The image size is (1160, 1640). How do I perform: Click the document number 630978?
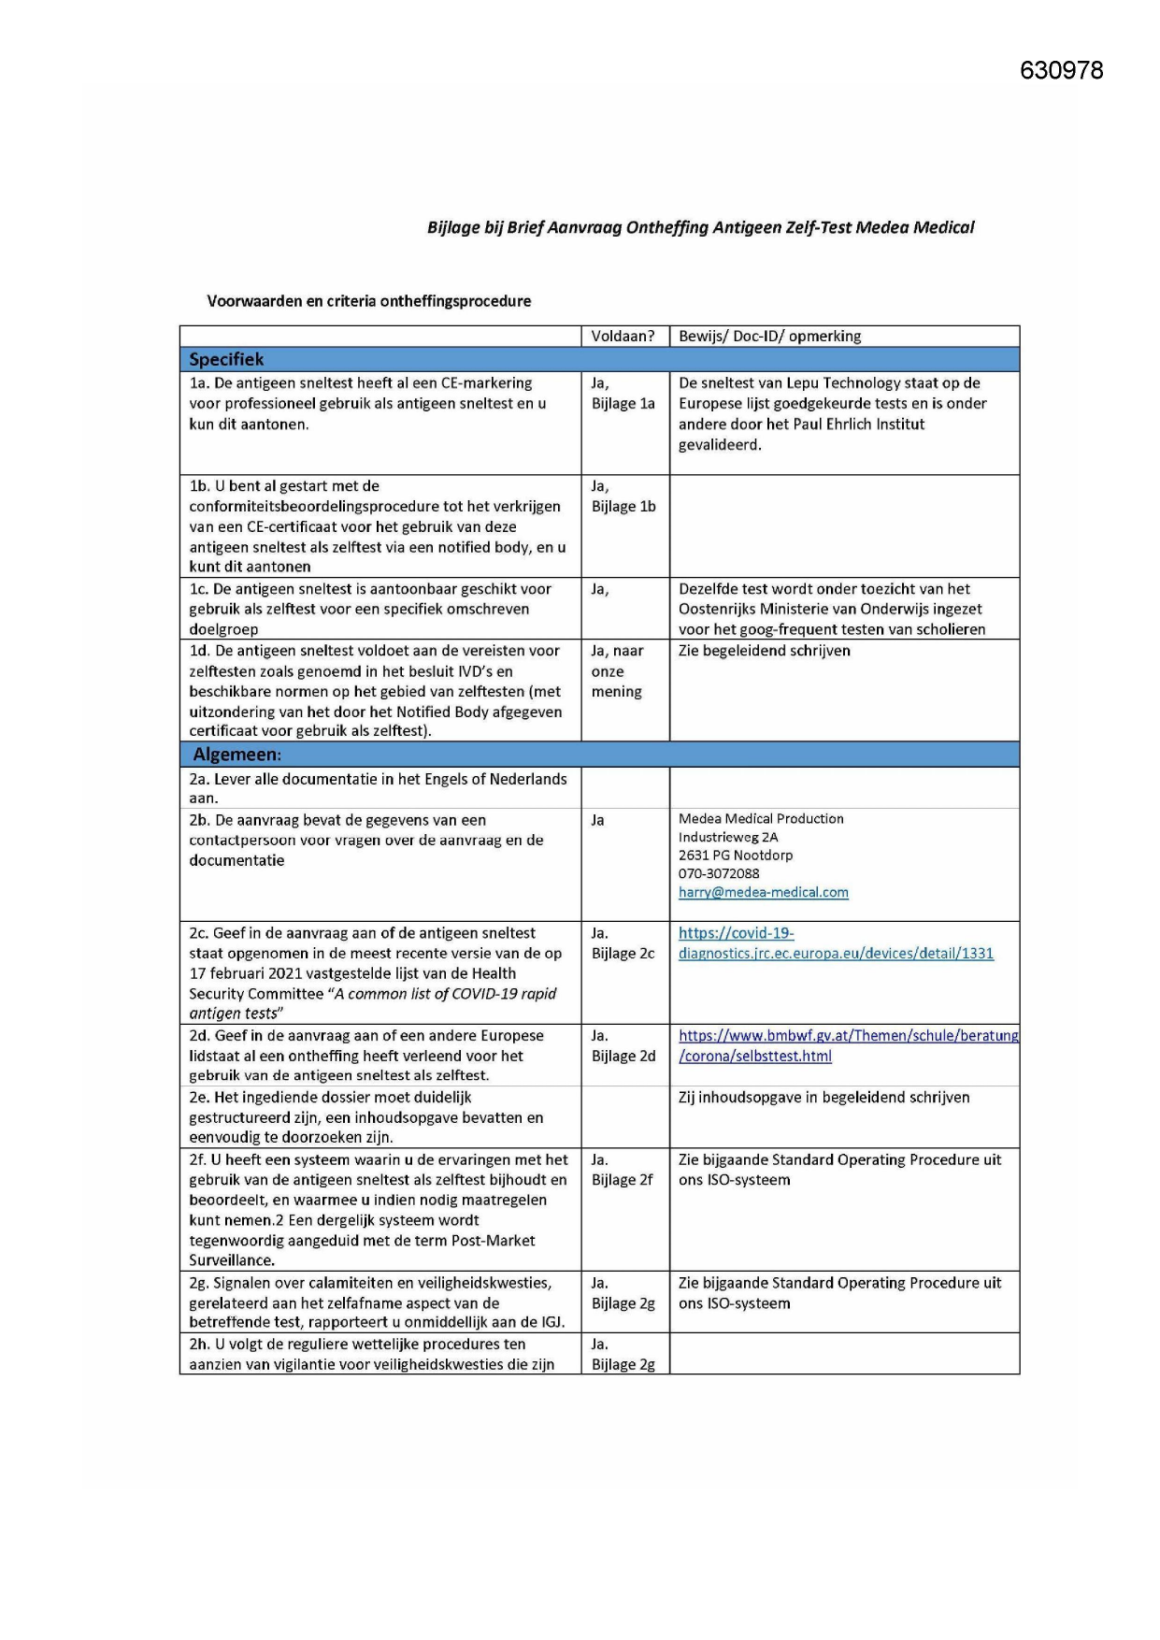(1061, 71)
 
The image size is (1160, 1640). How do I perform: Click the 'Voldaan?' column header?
(623, 337)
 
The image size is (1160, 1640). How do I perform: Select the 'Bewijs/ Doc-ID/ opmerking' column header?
(769, 337)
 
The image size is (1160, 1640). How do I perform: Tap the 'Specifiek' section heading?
(226, 360)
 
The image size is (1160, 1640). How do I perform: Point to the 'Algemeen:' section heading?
(236, 755)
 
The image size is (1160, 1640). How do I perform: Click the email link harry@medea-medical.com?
(763, 893)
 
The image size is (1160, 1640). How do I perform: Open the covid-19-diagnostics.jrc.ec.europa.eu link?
(835, 954)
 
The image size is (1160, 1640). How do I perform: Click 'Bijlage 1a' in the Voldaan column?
(623, 404)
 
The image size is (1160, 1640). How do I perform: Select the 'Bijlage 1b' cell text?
(623, 507)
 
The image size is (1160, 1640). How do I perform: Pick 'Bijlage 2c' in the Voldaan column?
(623, 954)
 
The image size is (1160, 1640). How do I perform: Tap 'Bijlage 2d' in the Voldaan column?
(623, 1057)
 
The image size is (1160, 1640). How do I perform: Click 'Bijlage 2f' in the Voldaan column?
(622, 1180)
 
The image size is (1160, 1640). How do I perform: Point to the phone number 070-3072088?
(719, 874)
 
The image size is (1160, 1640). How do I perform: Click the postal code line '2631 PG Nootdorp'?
(735, 856)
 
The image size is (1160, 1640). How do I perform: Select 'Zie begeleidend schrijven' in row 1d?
(764, 651)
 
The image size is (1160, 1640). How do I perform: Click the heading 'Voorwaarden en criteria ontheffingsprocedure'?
(368, 301)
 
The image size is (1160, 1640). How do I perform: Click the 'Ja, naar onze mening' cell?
(617, 671)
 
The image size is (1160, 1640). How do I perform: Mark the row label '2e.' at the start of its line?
(199, 1098)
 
